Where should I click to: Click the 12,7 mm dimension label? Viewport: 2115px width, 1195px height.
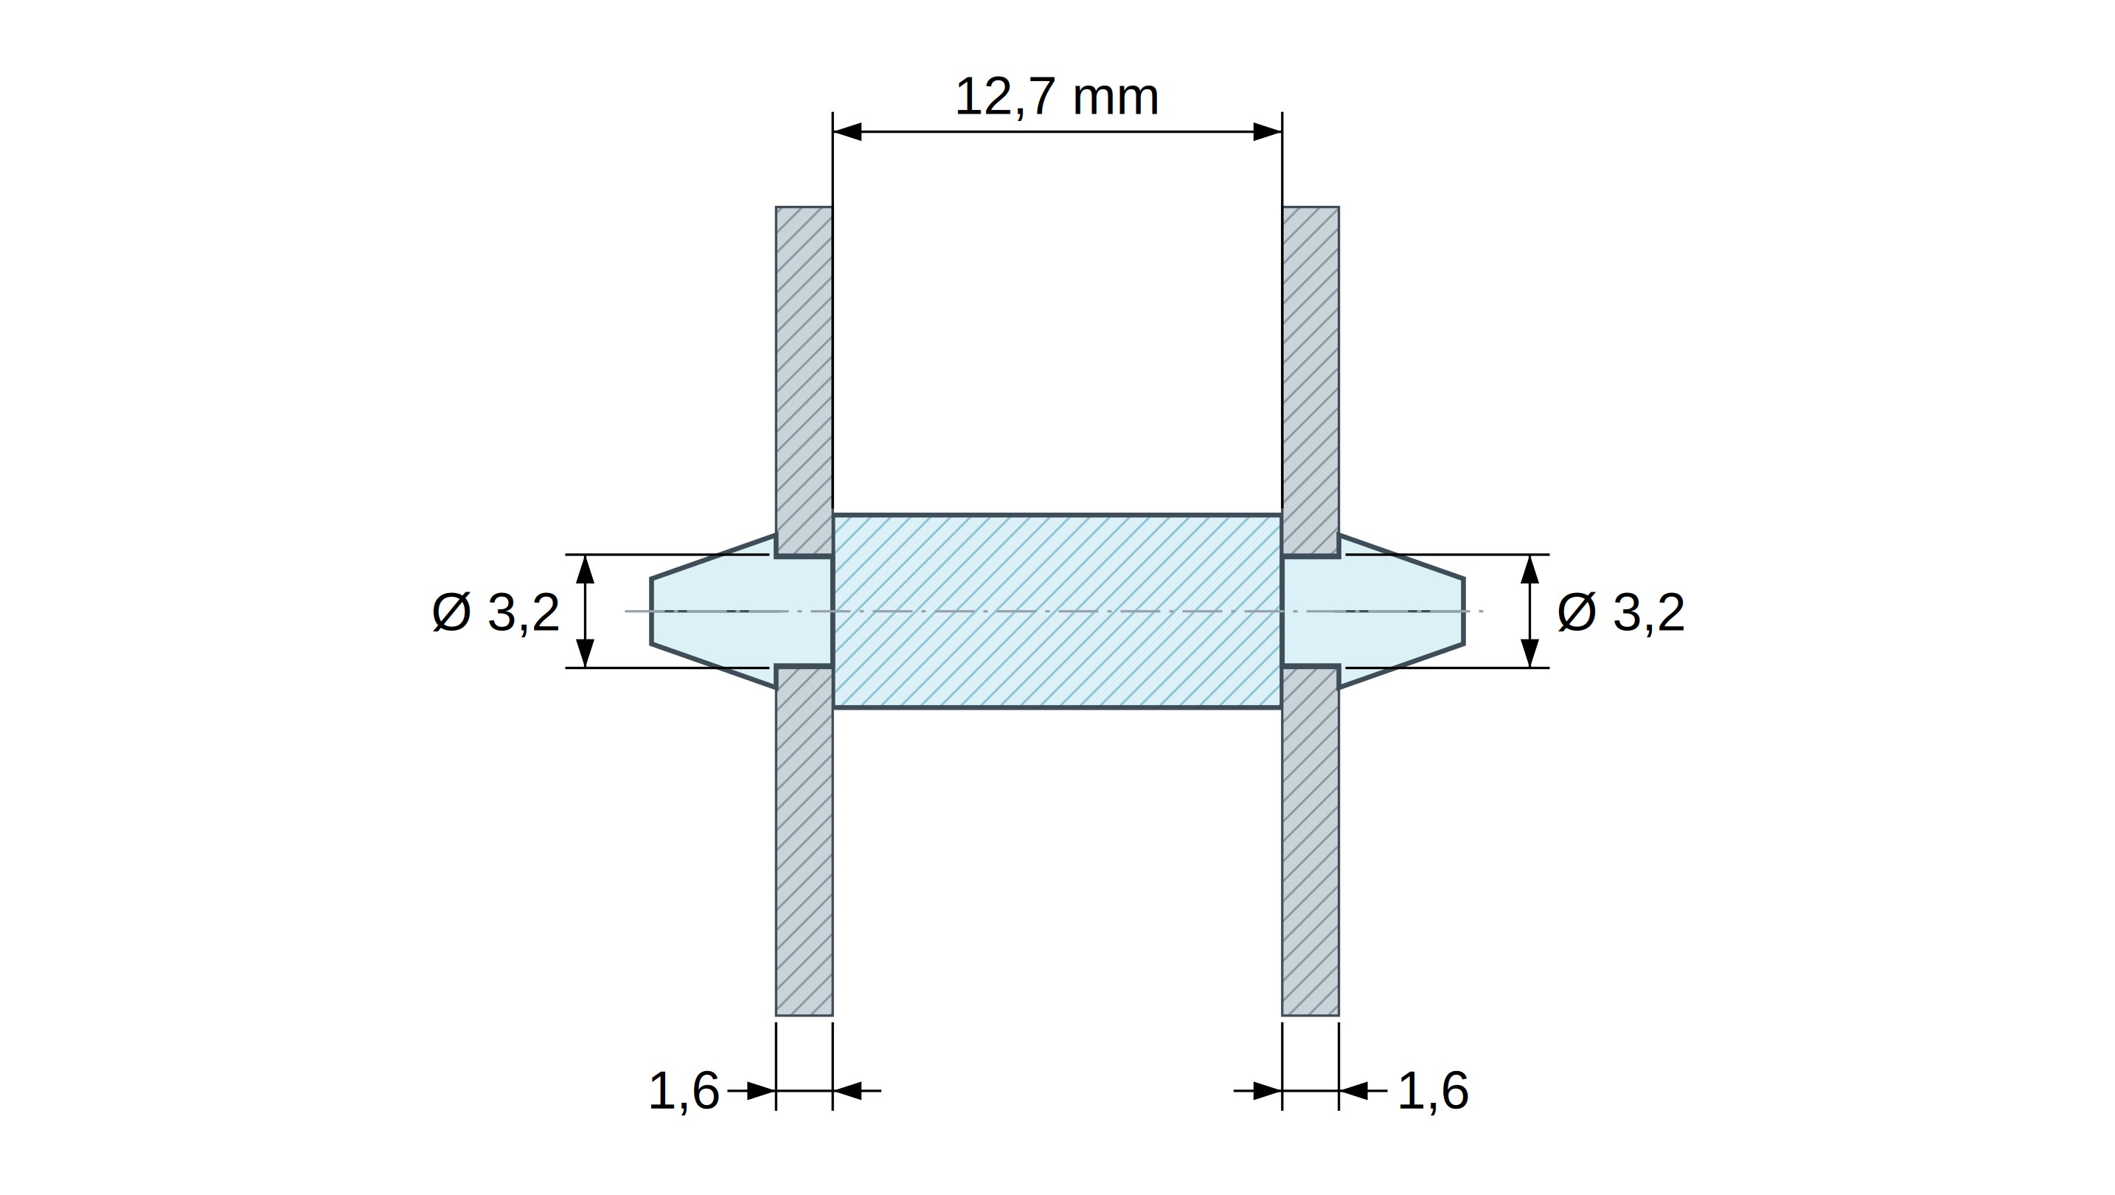click(x=1057, y=97)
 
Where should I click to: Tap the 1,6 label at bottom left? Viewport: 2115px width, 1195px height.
click(x=684, y=1091)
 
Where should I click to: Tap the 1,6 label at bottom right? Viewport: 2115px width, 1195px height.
click(x=1433, y=1091)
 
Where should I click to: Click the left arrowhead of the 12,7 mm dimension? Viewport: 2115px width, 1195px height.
click(x=847, y=131)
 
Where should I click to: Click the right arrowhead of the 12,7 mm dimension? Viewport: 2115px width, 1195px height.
click(x=1268, y=131)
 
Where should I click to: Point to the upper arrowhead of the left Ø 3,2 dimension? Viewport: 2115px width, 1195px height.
click(x=585, y=569)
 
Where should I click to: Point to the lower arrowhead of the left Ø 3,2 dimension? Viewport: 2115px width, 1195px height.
click(x=585, y=653)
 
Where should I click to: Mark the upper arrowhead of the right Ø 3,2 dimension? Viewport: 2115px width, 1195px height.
click(x=1529, y=569)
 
